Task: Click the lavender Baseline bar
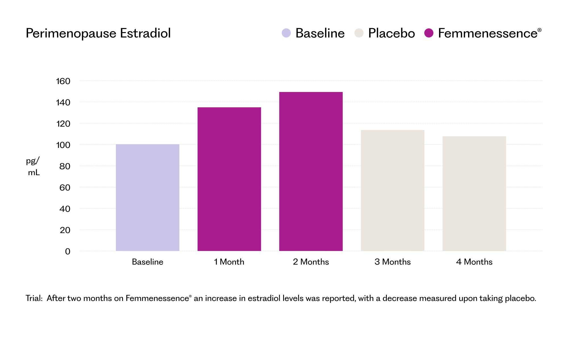[x=147, y=198]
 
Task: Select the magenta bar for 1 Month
[x=229, y=179]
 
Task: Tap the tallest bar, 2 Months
[x=311, y=171]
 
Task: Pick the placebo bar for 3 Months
[x=392, y=191]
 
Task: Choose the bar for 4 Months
[x=474, y=194]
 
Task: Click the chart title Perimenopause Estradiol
[x=98, y=33]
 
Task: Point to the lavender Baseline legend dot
[x=286, y=33]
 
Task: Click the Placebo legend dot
[x=359, y=33]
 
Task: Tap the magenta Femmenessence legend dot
[x=429, y=33]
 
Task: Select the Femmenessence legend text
[x=488, y=33]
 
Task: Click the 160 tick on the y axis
[x=63, y=81]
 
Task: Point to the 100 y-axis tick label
[x=63, y=145]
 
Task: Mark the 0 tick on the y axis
[x=68, y=251]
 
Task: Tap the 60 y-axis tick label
[x=65, y=187]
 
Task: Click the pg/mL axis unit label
[x=33, y=166]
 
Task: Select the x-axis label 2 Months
[x=311, y=262]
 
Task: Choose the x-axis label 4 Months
[x=474, y=262]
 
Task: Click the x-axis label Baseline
[x=147, y=262]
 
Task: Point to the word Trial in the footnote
[x=34, y=298]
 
